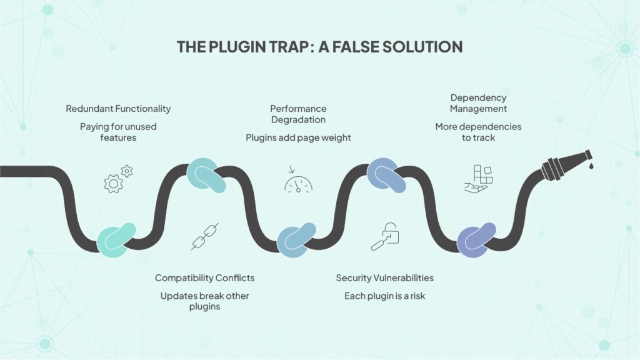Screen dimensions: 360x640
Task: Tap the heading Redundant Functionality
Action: coord(118,109)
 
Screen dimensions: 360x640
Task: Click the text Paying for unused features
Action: coord(118,132)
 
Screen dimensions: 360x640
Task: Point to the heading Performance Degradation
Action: coord(298,114)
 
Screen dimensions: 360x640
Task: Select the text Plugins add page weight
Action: coord(298,137)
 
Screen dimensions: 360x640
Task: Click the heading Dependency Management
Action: coord(478,103)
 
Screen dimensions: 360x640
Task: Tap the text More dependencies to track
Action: coord(478,132)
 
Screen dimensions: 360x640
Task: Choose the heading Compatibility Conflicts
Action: coord(204,277)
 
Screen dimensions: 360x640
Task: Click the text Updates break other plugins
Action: coord(204,301)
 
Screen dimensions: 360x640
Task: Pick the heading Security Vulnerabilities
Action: coord(384,277)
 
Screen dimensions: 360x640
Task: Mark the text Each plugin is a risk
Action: coord(384,296)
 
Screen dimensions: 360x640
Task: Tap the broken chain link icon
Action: coord(204,237)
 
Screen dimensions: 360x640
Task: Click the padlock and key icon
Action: coord(385,236)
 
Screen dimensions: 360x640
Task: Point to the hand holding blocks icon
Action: coord(479,179)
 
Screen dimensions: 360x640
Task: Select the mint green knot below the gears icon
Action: coord(117,239)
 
